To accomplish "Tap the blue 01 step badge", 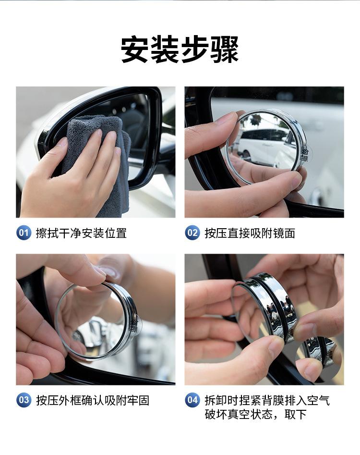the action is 24,233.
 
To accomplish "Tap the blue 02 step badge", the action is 192,233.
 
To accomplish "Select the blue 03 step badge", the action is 24,400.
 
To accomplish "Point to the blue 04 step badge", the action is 192,400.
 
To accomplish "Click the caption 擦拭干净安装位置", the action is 81,233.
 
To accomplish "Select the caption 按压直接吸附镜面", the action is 250,233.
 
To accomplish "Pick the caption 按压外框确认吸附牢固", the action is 93,400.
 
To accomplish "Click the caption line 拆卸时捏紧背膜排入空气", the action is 267,400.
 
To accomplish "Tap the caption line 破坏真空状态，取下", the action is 255,414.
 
